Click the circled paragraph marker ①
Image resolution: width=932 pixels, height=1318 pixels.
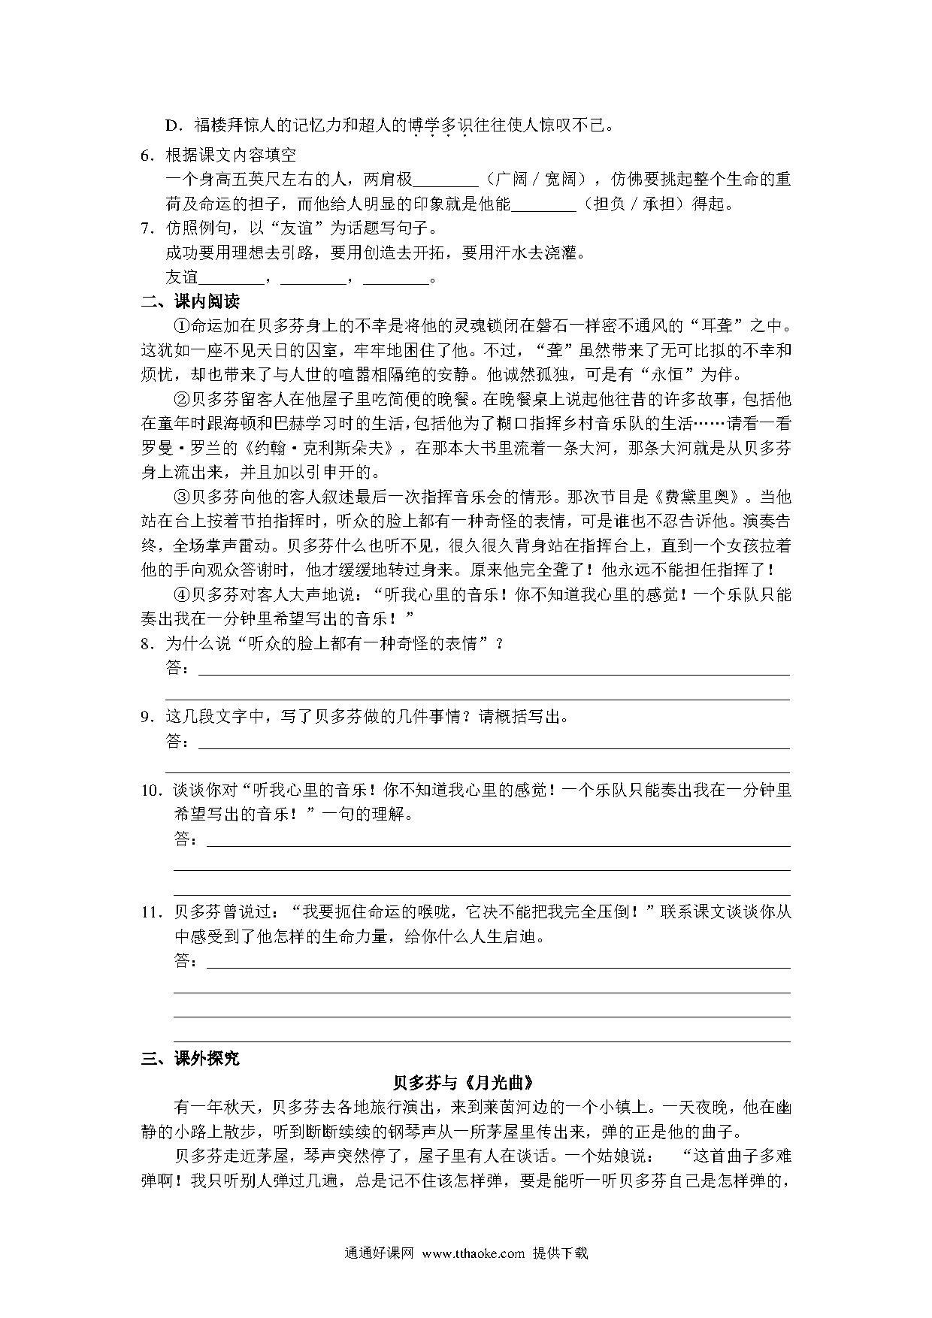point(181,326)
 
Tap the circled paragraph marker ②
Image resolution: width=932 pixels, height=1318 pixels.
point(181,399)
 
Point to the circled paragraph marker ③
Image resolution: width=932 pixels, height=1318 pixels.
point(181,497)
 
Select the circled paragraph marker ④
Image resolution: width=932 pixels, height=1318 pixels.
point(181,595)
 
